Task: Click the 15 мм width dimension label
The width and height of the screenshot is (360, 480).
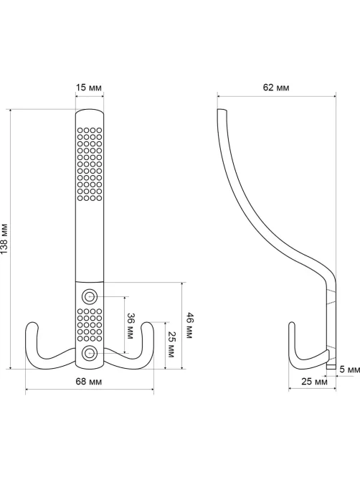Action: point(89,88)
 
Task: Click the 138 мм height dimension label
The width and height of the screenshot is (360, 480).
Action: point(4,239)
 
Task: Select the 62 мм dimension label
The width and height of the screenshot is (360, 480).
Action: point(276,88)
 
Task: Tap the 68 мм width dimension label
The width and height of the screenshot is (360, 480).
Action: point(89,382)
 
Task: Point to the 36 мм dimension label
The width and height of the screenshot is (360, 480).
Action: point(130,326)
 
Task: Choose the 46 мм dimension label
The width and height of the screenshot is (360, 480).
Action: point(189,326)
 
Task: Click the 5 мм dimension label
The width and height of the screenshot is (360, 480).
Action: point(350,370)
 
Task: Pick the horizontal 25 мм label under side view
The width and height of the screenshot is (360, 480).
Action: point(314,382)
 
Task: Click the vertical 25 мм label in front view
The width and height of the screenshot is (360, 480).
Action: point(171,344)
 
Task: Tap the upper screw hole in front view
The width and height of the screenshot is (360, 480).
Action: point(90,296)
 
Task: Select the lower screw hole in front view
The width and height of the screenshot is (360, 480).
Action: point(90,353)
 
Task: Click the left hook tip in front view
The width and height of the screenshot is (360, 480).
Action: point(32,324)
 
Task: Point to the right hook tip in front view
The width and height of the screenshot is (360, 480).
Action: point(147,324)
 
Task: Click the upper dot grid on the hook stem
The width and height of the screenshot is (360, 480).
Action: point(90,164)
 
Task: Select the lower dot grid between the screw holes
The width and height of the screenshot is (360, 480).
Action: point(90,325)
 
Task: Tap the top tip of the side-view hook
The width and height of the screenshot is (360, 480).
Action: point(222,110)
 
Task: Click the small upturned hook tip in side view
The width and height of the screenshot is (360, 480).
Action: point(292,324)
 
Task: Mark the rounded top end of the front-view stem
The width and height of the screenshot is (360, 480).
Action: point(90,110)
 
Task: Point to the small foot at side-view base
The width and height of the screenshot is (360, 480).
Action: point(331,367)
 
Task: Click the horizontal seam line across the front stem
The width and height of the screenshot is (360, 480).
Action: point(90,281)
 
